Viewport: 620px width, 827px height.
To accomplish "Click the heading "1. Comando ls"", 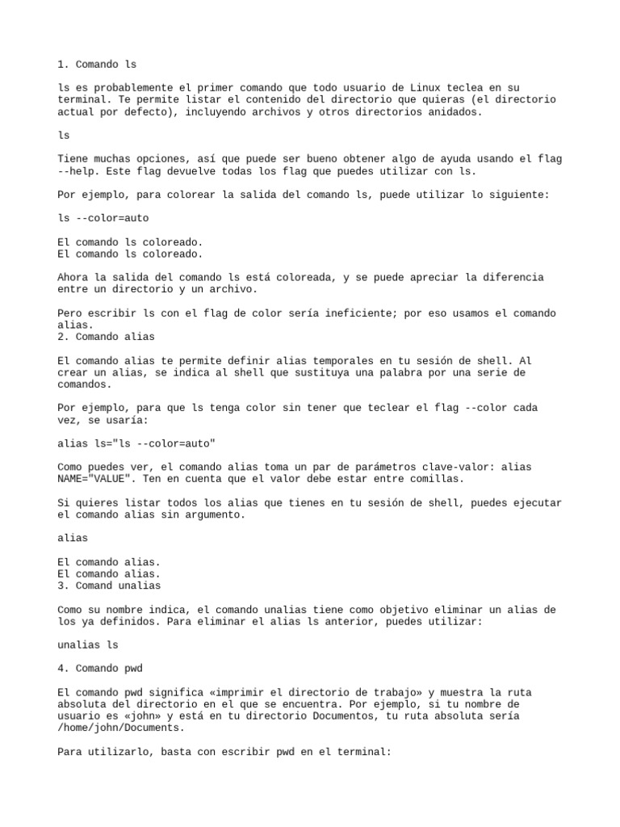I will tap(103, 64).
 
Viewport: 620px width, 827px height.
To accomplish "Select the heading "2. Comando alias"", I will tap(107, 336).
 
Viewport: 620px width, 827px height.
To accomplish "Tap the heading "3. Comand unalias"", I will tap(110, 586).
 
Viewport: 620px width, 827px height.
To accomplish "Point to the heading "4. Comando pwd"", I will tap(103, 669).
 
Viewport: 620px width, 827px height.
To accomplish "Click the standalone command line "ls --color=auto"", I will tap(103, 218).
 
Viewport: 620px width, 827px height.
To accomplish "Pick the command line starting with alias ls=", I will tap(137, 443).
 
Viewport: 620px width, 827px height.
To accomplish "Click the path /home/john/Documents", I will tap(110, 728).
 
